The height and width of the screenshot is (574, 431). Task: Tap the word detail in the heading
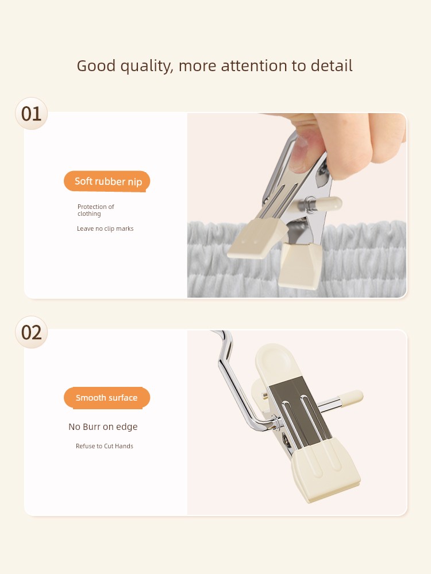click(332, 65)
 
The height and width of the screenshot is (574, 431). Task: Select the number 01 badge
click(32, 114)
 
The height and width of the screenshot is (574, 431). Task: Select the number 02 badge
click(32, 332)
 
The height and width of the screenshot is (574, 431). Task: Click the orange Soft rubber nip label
click(107, 181)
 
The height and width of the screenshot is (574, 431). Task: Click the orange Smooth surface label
click(107, 398)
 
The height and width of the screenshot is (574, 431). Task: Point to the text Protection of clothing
click(95, 210)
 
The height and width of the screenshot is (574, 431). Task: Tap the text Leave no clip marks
click(105, 228)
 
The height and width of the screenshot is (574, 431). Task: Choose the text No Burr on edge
click(103, 427)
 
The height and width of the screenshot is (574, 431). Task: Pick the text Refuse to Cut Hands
click(105, 446)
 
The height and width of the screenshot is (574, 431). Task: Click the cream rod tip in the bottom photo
click(351, 398)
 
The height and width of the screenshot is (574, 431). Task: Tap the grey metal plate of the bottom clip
click(301, 410)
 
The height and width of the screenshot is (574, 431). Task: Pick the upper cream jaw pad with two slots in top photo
click(257, 238)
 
